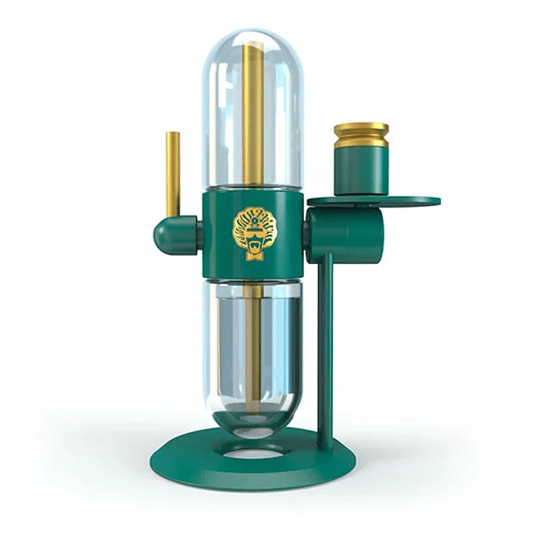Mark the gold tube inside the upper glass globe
point(252,115)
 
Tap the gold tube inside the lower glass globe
point(254,344)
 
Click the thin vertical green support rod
point(327,352)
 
